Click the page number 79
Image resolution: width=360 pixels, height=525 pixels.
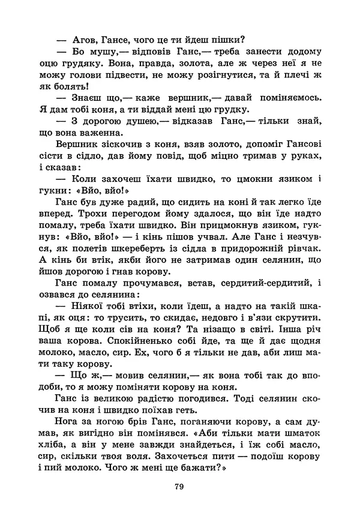178,487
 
